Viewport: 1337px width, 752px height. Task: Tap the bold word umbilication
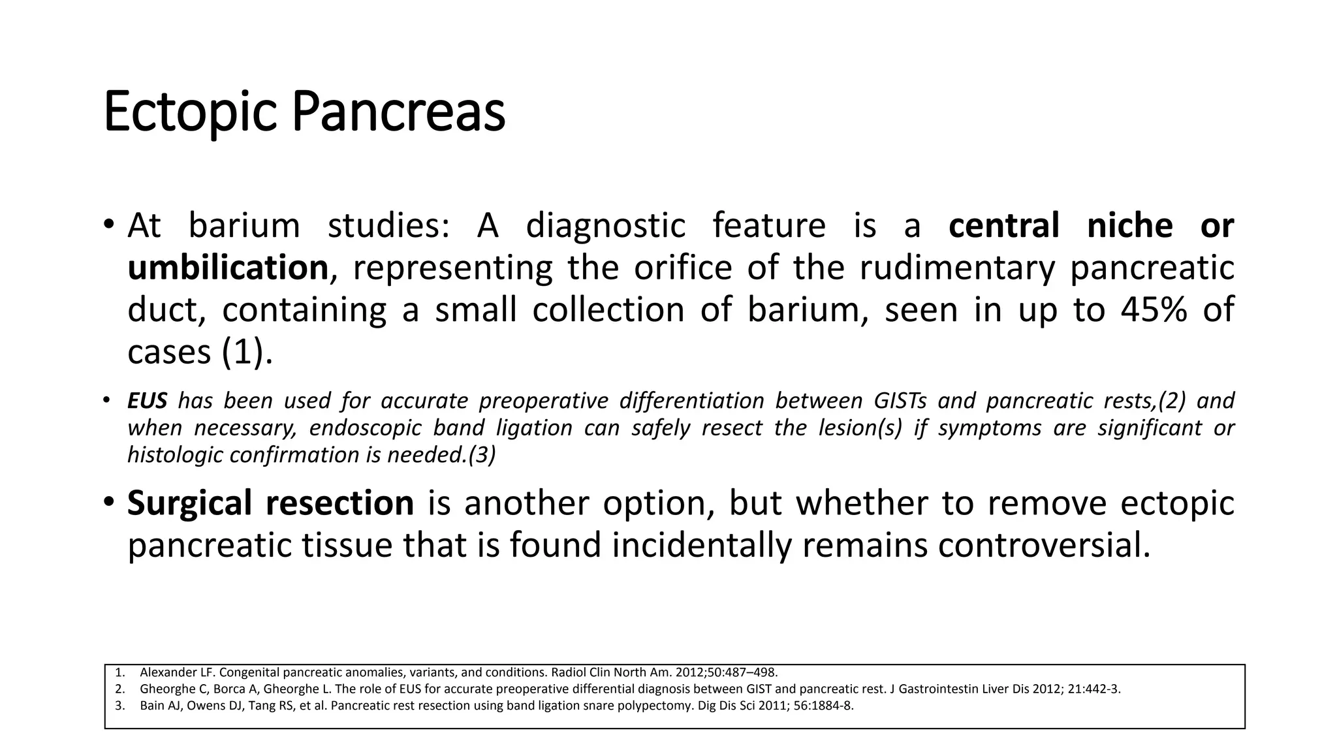(x=227, y=268)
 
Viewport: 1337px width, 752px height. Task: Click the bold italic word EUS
(x=147, y=400)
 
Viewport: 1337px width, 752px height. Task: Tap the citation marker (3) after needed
(x=482, y=455)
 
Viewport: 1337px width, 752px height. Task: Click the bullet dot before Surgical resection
(x=109, y=503)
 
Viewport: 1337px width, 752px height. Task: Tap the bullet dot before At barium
(x=109, y=225)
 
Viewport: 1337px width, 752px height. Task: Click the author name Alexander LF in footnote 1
(x=168, y=672)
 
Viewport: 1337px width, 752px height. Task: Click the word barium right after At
(x=244, y=226)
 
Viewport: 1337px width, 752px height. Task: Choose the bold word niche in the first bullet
(x=1129, y=226)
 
